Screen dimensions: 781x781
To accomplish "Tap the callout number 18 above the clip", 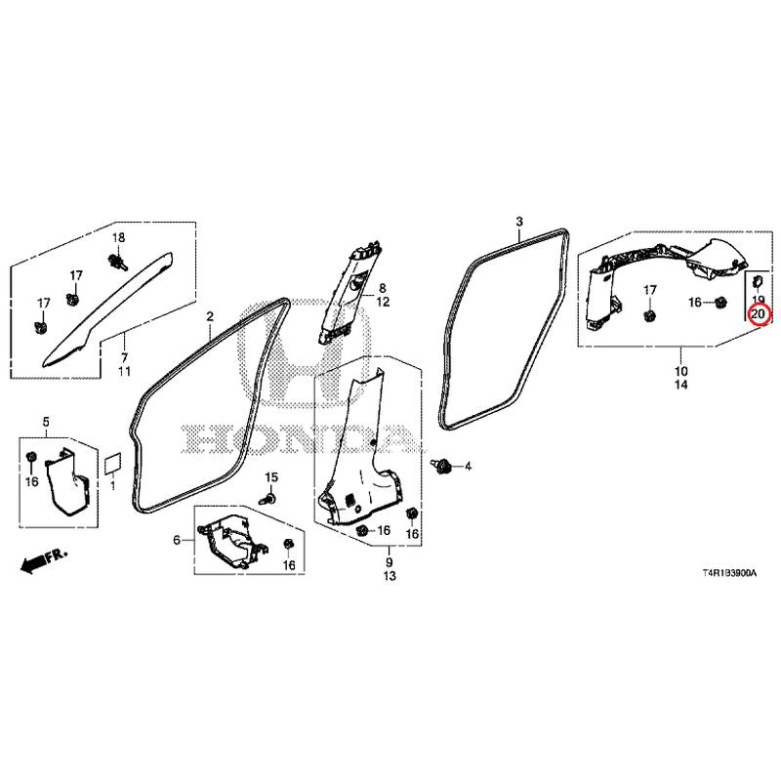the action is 118,237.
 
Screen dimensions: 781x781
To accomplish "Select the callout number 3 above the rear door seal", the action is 519,222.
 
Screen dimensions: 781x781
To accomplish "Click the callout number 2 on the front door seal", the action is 210,315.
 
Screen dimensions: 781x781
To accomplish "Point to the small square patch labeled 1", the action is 113,463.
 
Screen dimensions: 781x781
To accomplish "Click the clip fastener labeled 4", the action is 441,467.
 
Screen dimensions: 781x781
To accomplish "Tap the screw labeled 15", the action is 267,497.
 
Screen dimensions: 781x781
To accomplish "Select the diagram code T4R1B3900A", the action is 729,573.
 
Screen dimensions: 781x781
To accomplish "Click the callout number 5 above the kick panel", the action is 46,422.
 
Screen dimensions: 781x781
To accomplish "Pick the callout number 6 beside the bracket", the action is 177,540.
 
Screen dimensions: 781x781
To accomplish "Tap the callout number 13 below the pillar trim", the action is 390,576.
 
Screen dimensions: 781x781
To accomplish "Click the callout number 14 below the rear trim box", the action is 680,385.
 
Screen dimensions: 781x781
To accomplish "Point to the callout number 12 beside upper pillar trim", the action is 383,302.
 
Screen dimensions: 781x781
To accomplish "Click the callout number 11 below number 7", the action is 124,371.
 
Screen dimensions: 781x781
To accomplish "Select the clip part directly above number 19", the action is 758,282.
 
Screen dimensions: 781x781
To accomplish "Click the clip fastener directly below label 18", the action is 117,261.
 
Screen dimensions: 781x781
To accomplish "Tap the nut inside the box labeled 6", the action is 288,545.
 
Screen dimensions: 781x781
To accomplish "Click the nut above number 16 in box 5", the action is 31,456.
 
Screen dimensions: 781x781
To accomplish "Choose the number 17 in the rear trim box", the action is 649,289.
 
